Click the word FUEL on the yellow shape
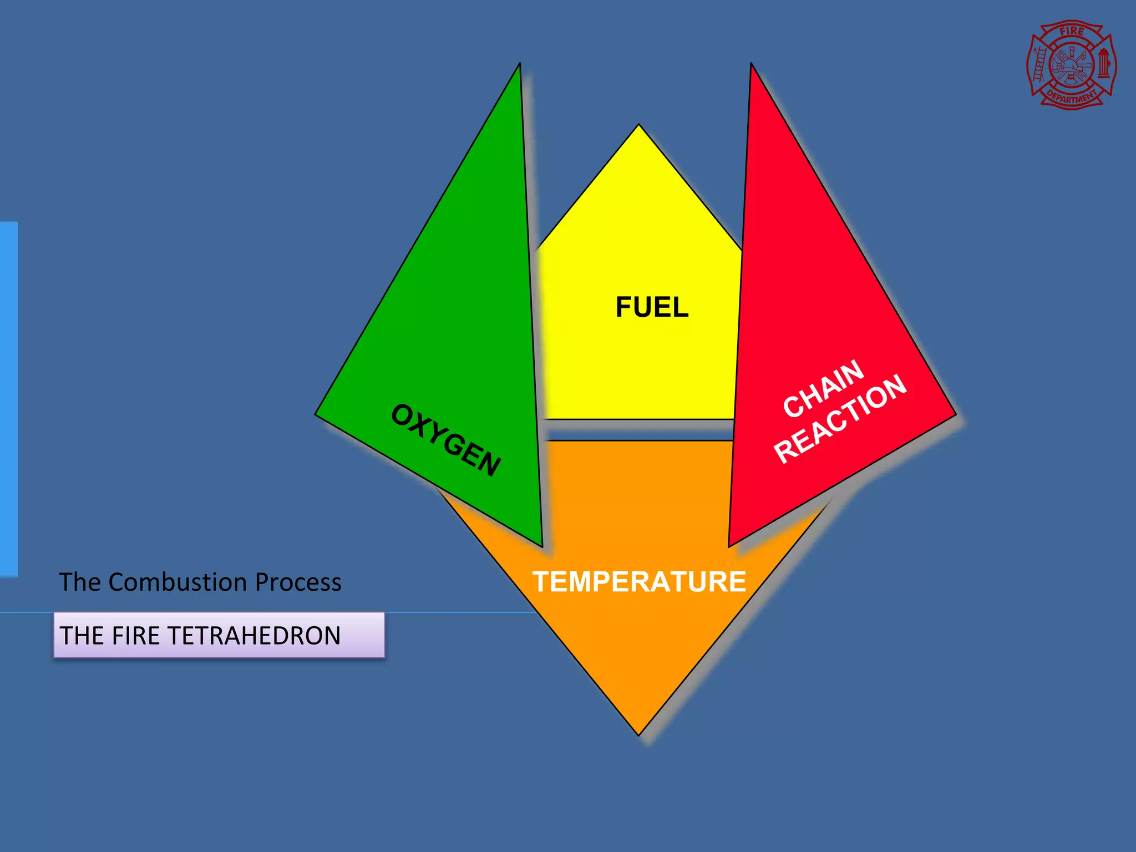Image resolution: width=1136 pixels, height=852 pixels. pos(652,307)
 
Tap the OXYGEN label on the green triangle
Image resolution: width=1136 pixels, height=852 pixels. pos(446,440)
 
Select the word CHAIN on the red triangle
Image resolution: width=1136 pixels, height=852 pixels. pos(823,388)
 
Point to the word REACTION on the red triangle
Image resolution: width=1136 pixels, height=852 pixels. pos(840,419)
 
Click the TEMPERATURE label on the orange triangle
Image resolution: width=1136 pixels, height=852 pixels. pos(639,582)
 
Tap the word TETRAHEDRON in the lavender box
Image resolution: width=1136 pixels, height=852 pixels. pos(253,636)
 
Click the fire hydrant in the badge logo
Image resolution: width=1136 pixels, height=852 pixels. pos(1103,64)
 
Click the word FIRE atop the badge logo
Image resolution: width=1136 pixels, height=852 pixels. pos(1072,32)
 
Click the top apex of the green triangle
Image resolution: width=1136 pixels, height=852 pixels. pos(519,64)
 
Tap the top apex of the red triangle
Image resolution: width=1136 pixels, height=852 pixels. pos(751,64)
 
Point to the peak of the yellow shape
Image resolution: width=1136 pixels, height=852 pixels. pos(638,125)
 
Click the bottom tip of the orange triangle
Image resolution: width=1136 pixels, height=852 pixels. pos(639,734)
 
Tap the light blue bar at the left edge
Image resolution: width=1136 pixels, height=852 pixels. pos(9,399)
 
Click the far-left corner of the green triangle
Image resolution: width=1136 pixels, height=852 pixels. pos(317,414)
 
